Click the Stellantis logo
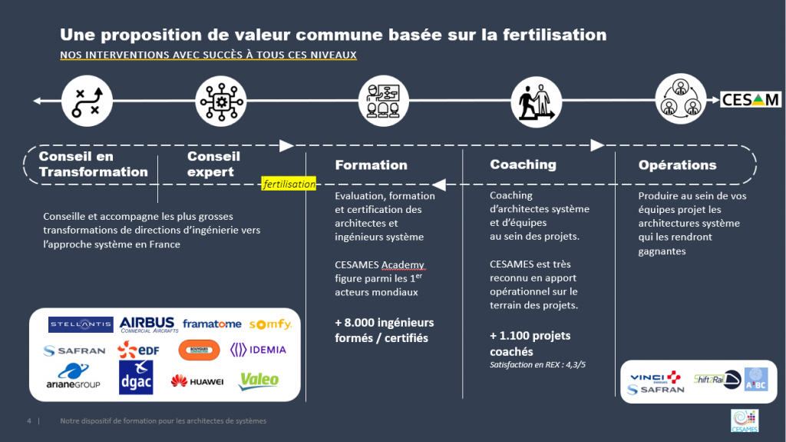[81, 325]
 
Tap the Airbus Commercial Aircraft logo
[147, 324]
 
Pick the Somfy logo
[270, 324]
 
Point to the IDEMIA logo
[258, 350]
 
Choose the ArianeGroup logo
[74, 377]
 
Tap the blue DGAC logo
[136, 377]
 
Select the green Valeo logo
[259, 380]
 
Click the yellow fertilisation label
[289, 184]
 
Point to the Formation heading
[371, 165]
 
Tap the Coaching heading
[523, 164]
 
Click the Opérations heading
[677, 165]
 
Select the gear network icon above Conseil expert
[222, 101]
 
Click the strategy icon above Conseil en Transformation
[87, 101]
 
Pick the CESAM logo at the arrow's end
[751, 99]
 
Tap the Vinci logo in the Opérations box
[655, 377]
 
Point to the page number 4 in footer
[28, 421]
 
